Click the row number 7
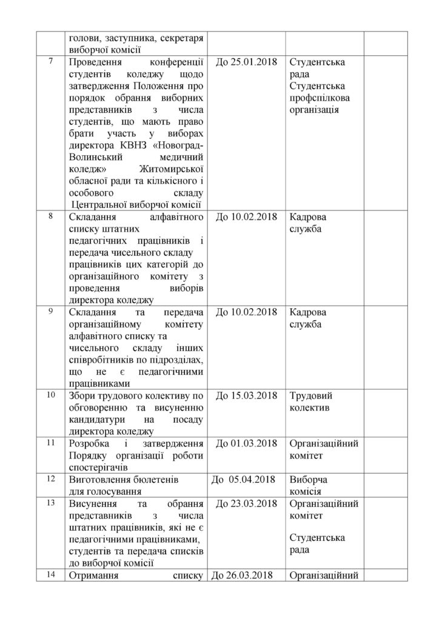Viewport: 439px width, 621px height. [x=50, y=61]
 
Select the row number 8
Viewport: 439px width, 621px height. [x=50, y=215]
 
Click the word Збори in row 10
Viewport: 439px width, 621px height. [x=84, y=395]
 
